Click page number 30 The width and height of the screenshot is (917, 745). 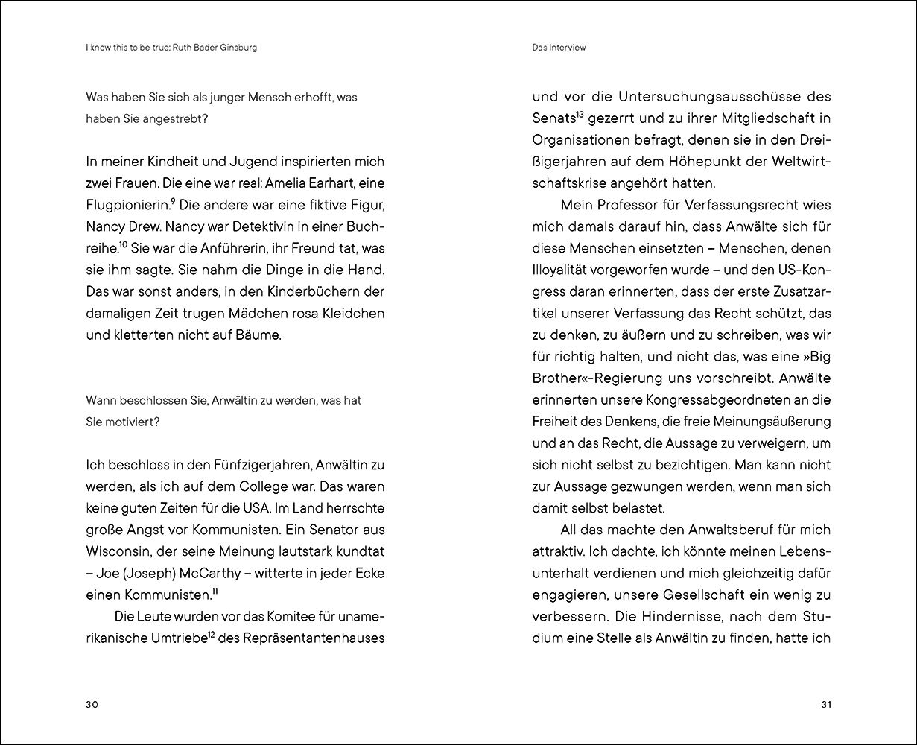pyautogui.click(x=92, y=705)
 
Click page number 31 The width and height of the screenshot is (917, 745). pyautogui.click(x=825, y=705)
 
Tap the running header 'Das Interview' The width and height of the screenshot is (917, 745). pyautogui.click(x=559, y=48)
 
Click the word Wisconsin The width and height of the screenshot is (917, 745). pyautogui.click(x=118, y=551)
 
